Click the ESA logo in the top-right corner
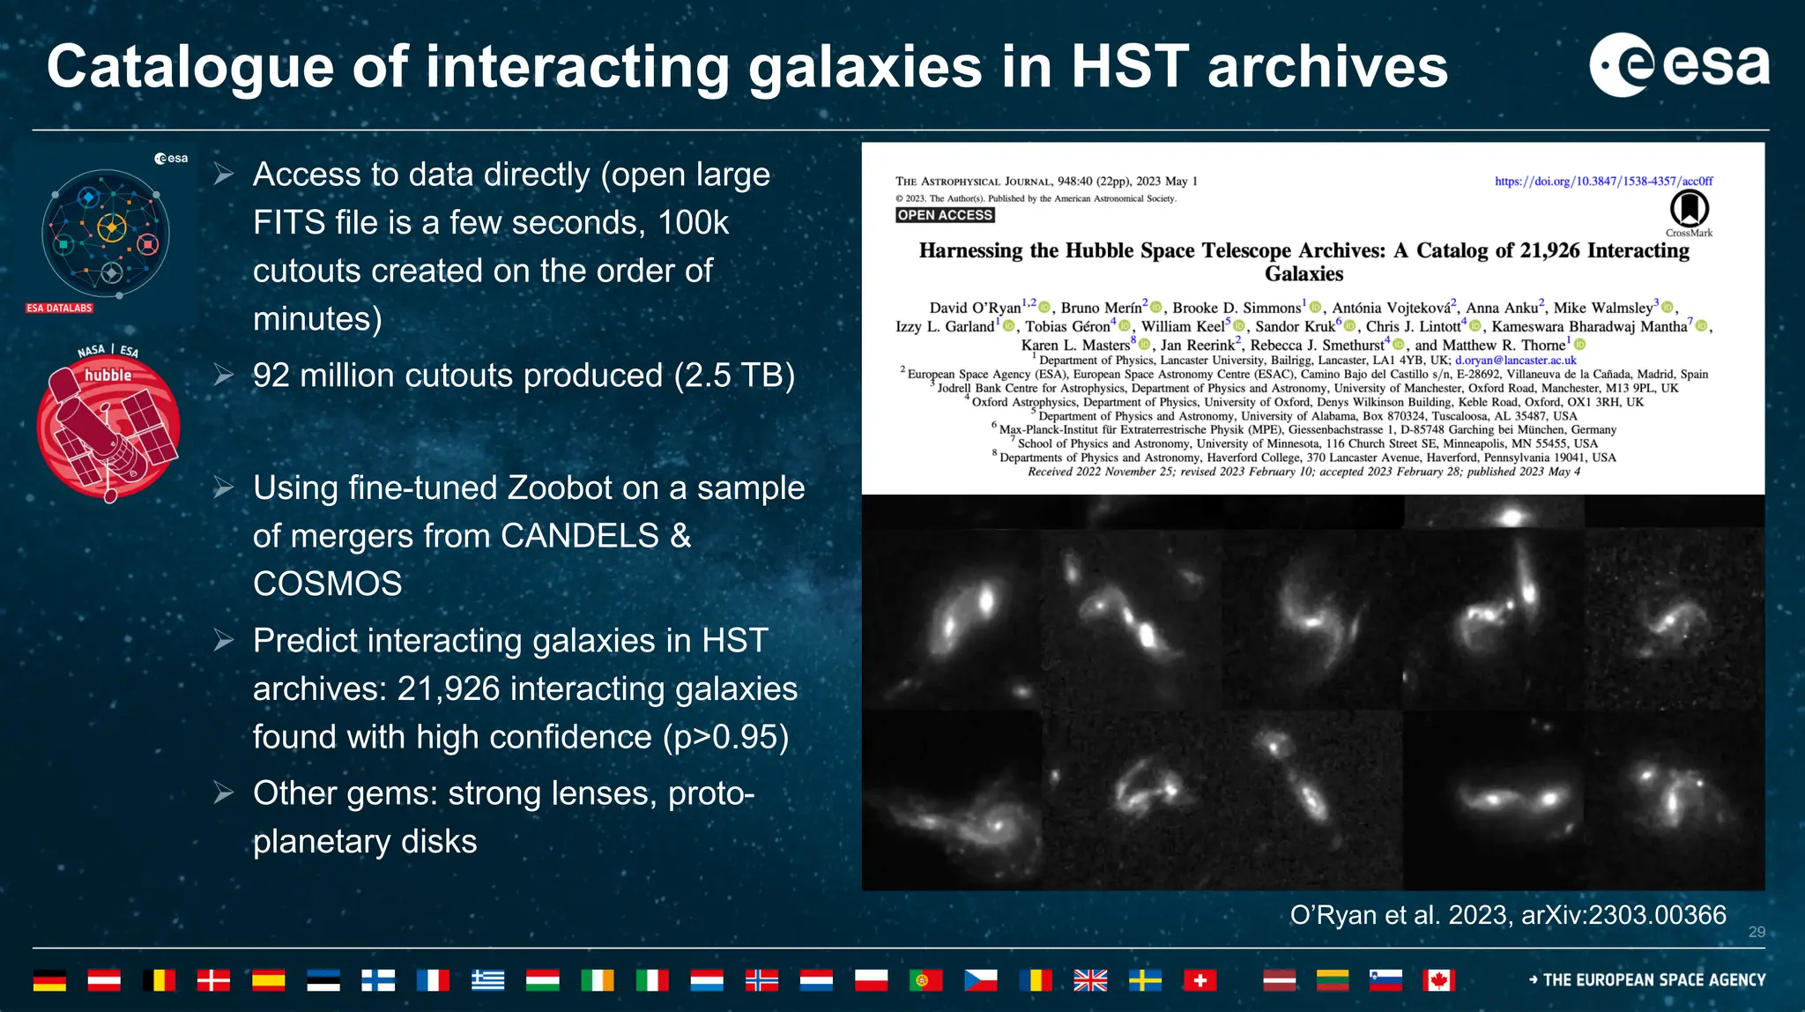(1679, 64)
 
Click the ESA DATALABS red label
(59, 309)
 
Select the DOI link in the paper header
(1603, 182)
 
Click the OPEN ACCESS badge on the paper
(945, 215)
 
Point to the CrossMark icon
(1689, 211)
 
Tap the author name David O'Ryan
(975, 308)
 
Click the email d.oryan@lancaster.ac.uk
(1515, 361)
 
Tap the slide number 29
(1756, 932)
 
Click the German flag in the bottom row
(49, 980)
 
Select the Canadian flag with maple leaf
(1437, 980)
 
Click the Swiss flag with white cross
(1200, 980)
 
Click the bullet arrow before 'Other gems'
(224, 793)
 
